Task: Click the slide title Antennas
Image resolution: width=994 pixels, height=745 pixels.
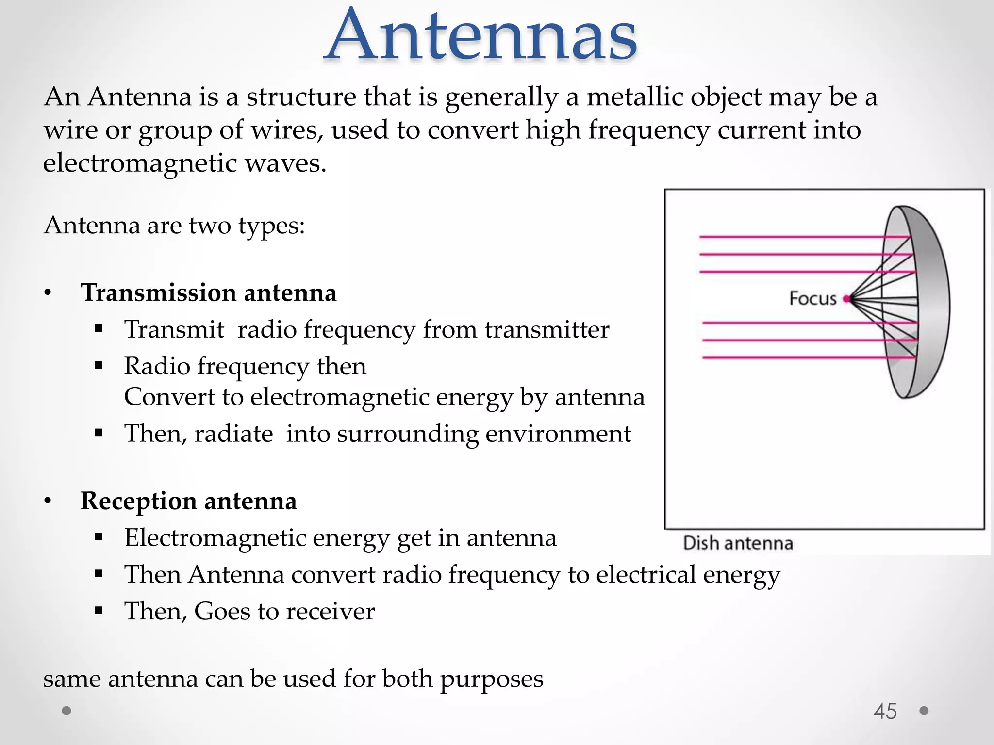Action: (480, 36)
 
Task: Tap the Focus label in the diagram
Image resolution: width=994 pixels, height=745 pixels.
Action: (812, 298)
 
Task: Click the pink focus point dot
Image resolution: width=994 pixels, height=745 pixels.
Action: (846, 299)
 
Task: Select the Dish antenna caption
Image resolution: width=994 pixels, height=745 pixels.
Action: (738, 543)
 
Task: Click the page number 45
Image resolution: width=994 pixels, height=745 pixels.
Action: (885, 712)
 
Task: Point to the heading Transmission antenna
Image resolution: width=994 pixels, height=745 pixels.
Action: (208, 293)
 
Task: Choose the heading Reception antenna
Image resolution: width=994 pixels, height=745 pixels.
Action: (188, 501)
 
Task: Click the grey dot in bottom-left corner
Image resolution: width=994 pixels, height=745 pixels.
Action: (67, 711)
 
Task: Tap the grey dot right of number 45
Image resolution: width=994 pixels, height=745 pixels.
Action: (924, 711)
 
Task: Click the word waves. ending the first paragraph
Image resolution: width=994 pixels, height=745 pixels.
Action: (285, 163)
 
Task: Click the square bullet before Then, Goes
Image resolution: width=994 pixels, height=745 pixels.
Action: (99, 610)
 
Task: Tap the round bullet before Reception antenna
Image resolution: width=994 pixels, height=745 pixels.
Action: (48, 501)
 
